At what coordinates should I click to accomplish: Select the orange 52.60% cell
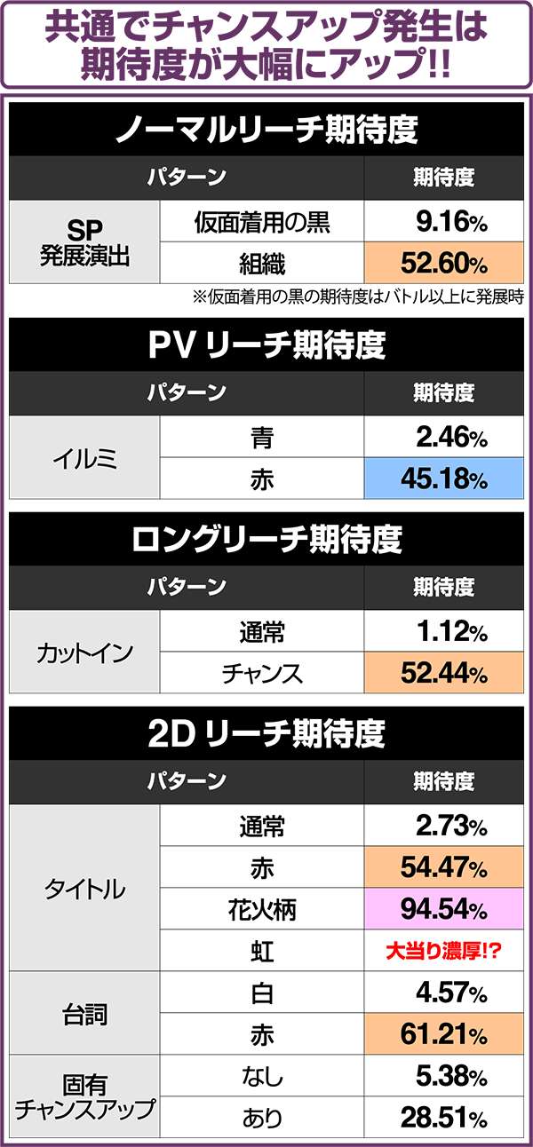443,264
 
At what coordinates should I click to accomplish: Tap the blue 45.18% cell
443,480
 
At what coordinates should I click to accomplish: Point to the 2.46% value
443,438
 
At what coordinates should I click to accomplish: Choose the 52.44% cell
443,675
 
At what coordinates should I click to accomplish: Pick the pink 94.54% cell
443,909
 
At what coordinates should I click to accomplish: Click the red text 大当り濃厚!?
443,951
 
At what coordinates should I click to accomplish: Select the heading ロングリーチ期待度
266,540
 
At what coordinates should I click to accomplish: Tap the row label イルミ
84,459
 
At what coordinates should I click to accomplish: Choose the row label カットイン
84,653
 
